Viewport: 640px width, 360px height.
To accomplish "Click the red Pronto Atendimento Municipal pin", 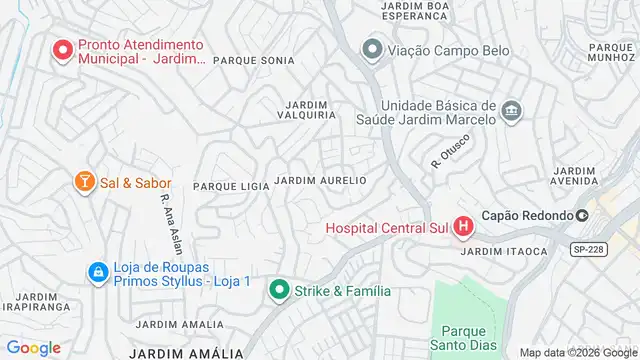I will pyautogui.click(x=63, y=49).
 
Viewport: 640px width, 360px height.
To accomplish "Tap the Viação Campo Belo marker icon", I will pyautogui.click(x=373, y=48).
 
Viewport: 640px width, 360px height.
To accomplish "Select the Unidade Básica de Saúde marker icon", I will pyautogui.click(x=511, y=110).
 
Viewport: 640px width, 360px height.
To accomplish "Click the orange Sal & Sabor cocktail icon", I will pyautogui.click(x=85, y=182).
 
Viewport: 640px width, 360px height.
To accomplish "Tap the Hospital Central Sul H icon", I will pyautogui.click(x=462, y=228).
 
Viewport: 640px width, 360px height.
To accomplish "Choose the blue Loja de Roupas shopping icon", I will pyautogui.click(x=97, y=271).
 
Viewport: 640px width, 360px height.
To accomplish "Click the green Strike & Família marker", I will pyautogui.click(x=279, y=291).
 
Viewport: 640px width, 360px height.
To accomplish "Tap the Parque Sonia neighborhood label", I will pyautogui.click(x=253, y=61).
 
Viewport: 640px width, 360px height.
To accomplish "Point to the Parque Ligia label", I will pyautogui.click(x=231, y=186).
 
